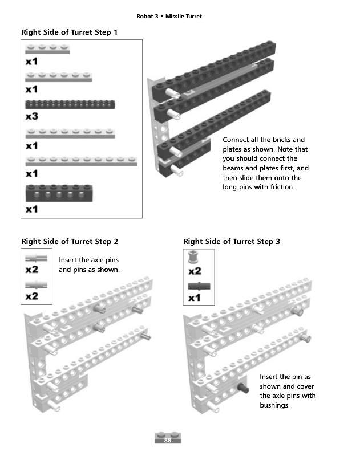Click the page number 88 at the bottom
point(168,441)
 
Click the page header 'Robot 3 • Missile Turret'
point(169,16)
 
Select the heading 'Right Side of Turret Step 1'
point(69,32)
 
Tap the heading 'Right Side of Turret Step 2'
point(70,242)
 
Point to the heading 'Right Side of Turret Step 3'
point(232,242)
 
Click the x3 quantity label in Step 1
point(32,116)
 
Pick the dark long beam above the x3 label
point(70,104)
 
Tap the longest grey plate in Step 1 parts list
point(81,161)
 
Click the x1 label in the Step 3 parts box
point(195,298)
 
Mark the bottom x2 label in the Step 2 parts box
point(32,296)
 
